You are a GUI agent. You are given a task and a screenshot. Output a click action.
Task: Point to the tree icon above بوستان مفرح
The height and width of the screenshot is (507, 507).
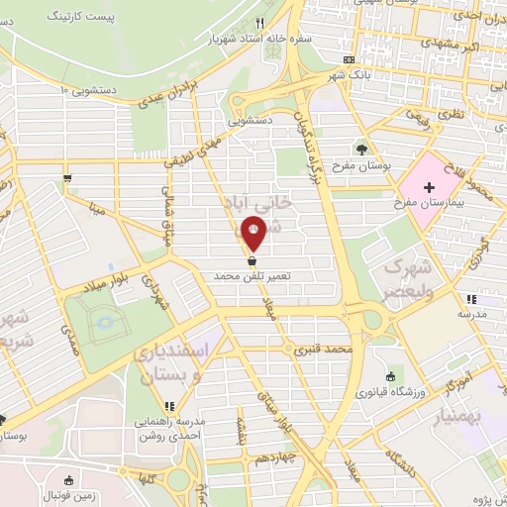361,150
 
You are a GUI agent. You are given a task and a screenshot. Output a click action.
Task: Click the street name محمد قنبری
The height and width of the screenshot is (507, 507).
330,351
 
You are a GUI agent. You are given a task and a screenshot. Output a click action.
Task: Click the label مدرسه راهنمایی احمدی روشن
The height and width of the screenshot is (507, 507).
170,425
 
